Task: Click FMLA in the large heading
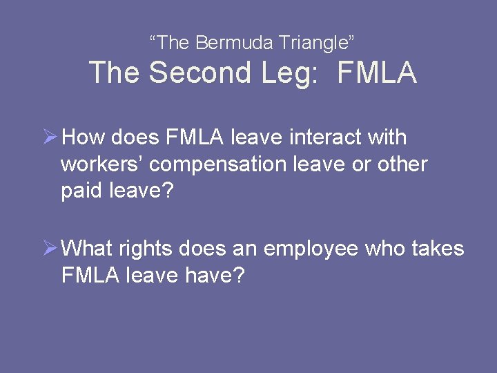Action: [x=377, y=73]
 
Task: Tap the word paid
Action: [x=81, y=191]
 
